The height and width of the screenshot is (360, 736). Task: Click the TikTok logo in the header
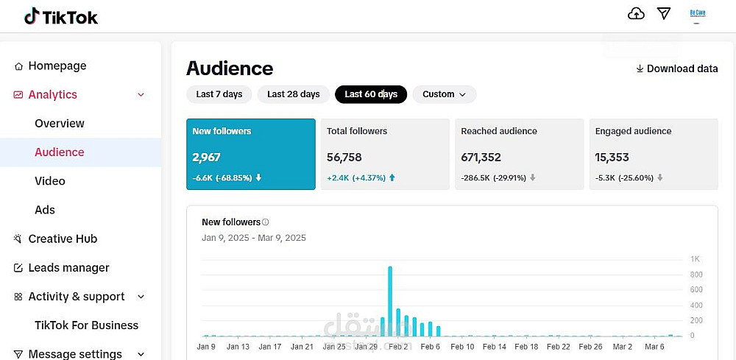[61, 16]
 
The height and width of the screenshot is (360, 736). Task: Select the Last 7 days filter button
[219, 94]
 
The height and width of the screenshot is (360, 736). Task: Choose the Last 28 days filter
[293, 94]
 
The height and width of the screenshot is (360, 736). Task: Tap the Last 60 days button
[370, 94]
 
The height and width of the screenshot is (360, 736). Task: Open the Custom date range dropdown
[444, 94]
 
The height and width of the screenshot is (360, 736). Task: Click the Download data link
[676, 68]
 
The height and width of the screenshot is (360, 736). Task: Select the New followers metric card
[250, 154]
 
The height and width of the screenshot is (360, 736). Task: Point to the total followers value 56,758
[344, 157]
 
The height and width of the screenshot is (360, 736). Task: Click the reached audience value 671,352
[481, 157]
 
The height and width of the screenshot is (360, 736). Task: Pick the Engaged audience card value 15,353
[612, 157]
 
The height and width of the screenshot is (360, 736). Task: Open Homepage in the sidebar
[57, 66]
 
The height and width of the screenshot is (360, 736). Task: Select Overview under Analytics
[60, 123]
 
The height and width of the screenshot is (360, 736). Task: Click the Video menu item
[50, 180]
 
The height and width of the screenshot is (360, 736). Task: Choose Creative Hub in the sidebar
[63, 239]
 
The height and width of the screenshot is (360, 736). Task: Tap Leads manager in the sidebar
[68, 267]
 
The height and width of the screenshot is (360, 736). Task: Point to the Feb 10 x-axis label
[462, 347]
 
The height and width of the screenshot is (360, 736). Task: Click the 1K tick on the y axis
[695, 259]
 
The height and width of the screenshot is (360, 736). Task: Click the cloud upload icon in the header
[636, 14]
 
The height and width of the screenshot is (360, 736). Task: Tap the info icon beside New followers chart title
[266, 222]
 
